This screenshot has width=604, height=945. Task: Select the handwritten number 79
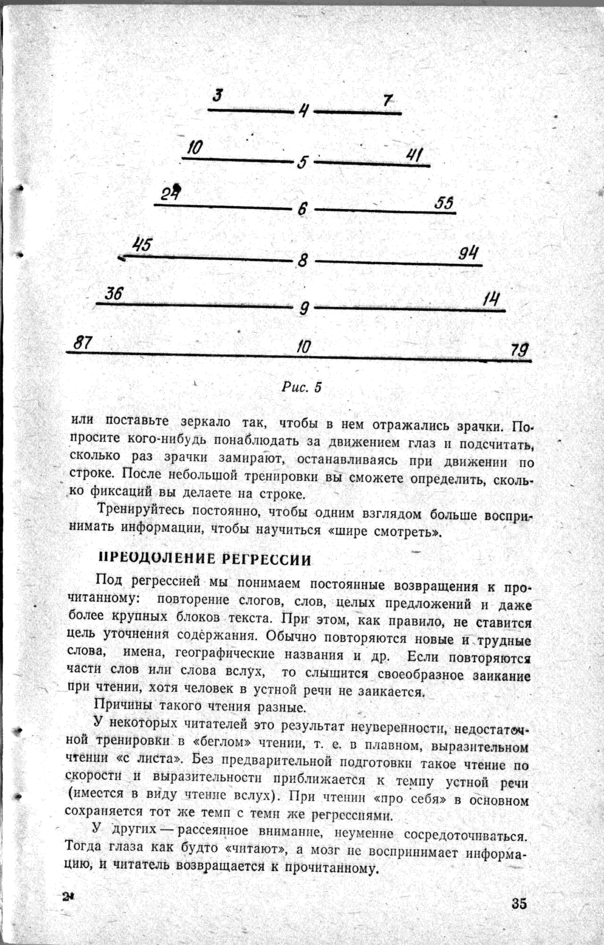click(520, 349)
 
